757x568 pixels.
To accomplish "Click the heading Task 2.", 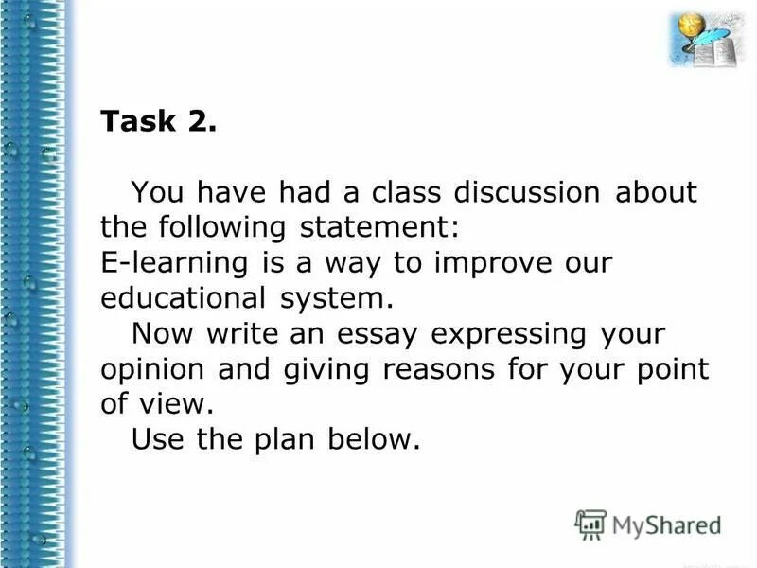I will coord(159,123).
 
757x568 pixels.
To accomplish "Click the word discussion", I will coord(526,193).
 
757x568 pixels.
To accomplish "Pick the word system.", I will coord(335,298).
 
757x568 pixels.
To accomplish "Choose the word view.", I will coord(175,404).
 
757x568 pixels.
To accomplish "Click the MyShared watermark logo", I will coord(649,524).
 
